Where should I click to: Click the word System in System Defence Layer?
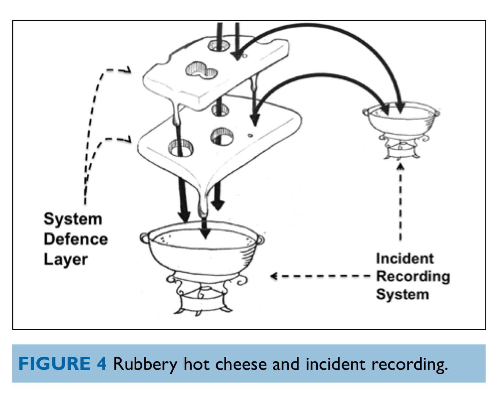pos(73,219)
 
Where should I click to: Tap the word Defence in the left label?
pos(76,239)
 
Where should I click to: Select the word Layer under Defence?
pos(65,260)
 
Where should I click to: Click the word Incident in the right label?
pos(405,259)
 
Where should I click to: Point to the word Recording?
pos(413,276)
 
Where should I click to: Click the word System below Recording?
pos(402,294)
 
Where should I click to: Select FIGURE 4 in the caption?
pos(62,364)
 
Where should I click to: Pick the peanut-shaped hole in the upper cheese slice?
pos(201,71)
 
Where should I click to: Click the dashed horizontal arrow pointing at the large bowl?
pos(321,276)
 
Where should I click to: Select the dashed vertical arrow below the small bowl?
pos(400,202)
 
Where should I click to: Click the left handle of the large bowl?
pos(145,238)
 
